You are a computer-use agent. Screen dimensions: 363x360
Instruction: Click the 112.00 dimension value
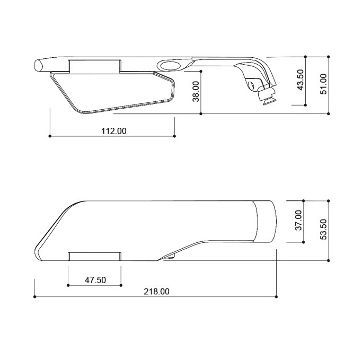click(x=114, y=131)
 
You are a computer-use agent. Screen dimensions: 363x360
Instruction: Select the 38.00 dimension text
click(x=196, y=92)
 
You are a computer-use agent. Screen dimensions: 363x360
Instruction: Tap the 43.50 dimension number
click(x=300, y=80)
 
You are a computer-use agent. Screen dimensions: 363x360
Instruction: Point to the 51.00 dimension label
click(x=323, y=84)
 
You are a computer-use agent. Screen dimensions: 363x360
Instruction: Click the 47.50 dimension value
click(x=95, y=280)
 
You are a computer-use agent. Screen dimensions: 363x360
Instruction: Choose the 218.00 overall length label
click(x=156, y=292)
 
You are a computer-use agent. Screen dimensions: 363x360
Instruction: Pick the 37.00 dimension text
click(x=299, y=221)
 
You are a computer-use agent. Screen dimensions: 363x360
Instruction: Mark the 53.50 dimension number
click(x=323, y=230)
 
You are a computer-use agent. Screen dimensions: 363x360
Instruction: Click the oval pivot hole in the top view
click(x=171, y=65)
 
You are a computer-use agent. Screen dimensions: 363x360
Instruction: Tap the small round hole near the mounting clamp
click(x=251, y=85)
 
